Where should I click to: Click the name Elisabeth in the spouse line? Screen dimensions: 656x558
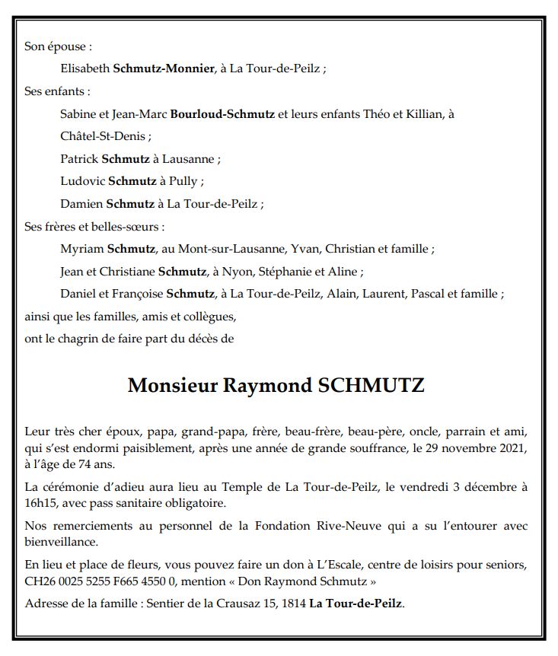[84, 68]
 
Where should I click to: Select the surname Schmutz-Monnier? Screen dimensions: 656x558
[163, 68]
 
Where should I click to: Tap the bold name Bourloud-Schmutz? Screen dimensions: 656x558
[222, 114]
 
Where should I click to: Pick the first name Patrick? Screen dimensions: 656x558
[78, 159]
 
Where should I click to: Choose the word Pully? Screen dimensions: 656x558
[187, 181]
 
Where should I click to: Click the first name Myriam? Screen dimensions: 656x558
[81, 249]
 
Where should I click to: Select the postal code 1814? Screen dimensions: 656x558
[292, 603]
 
